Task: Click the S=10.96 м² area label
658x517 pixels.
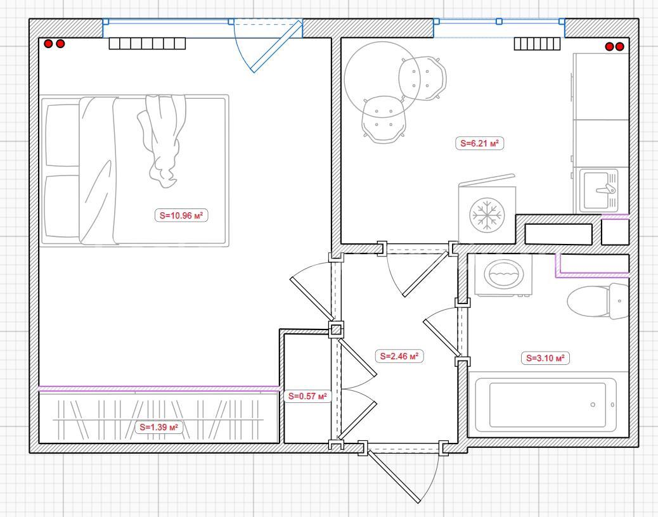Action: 181,215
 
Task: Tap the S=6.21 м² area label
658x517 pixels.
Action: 479,143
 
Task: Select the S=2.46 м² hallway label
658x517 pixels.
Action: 399,356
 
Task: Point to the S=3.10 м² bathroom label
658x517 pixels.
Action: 545,358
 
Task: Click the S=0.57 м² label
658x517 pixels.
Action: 307,396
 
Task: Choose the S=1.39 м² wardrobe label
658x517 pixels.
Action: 158,427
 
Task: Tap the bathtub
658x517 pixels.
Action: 546,405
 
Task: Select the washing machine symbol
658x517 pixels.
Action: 503,274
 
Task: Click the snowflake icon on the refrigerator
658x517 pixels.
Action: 487,215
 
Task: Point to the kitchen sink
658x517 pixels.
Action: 599,190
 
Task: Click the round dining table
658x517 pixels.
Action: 382,78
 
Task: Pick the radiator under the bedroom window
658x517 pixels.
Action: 147,44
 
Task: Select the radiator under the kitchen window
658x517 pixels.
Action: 537,44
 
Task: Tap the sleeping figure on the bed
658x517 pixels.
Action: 162,141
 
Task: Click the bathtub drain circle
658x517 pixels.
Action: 593,405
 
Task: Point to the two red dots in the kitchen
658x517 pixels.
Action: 614,46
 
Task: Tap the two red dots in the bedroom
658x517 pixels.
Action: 55,43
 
